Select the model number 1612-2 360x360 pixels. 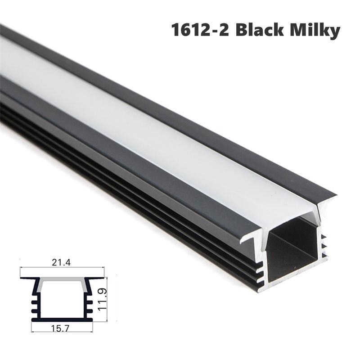pos(200,30)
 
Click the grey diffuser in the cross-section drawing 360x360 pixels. pos(62,283)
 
